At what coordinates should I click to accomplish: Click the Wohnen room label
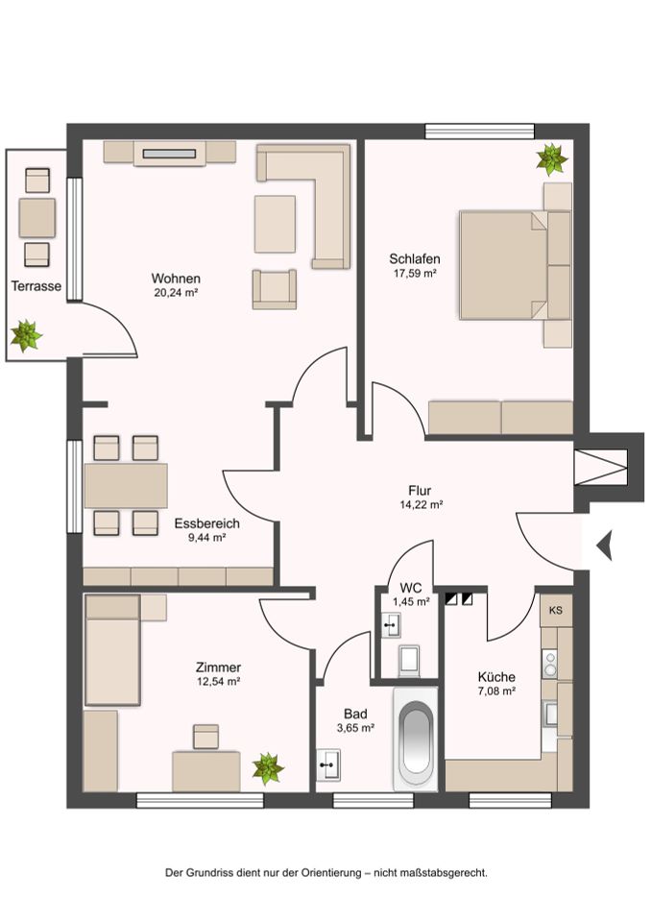pyautogui.click(x=175, y=279)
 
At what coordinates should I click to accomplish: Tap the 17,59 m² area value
pyautogui.click(x=415, y=274)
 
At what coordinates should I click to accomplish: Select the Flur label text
pyautogui.click(x=420, y=490)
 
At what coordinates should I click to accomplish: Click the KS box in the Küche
pyautogui.click(x=555, y=611)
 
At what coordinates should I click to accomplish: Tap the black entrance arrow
pyautogui.click(x=604, y=546)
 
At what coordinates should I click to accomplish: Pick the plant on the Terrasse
pyautogui.click(x=25, y=336)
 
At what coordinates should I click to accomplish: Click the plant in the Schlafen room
pyautogui.click(x=551, y=158)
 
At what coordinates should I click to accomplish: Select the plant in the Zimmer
pyautogui.click(x=267, y=768)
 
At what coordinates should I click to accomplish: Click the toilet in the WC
pyautogui.click(x=407, y=659)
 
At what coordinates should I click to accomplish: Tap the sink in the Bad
pyautogui.click(x=328, y=765)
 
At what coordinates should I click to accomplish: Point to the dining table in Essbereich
pyautogui.click(x=126, y=485)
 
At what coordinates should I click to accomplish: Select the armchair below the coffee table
pyautogui.click(x=274, y=289)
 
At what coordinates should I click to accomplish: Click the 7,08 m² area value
pyautogui.click(x=496, y=691)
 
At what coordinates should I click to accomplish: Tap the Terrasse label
pyautogui.click(x=36, y=286)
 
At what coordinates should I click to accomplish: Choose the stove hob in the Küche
pyautogui.click(x=551, y=663)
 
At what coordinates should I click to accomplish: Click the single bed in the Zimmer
pyautogui.click(x=113, y=650)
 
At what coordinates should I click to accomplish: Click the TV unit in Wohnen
pyautogui.click(x=170, y=152)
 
